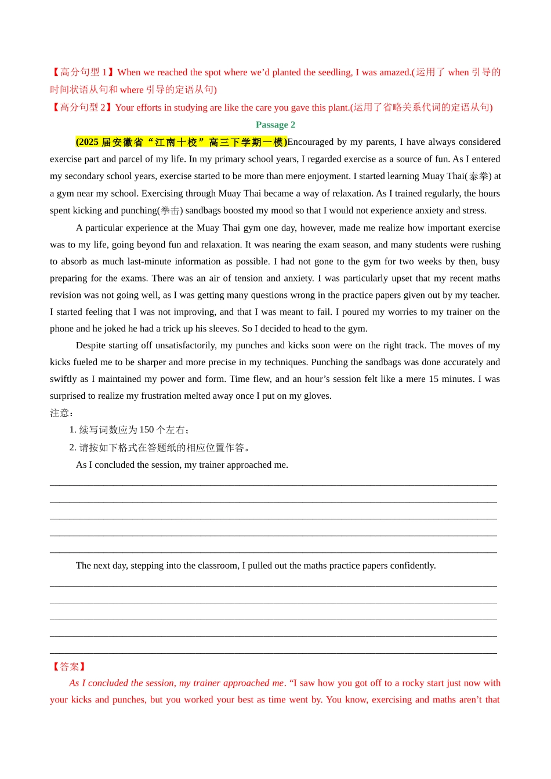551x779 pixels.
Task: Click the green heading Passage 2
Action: coord(275,125)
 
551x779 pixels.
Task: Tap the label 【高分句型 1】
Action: coord(82,72)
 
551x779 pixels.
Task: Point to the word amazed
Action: coord(394,72)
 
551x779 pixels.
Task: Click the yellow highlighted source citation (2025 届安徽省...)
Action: coord(181,142)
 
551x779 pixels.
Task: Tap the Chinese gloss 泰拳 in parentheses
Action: coord(479,176)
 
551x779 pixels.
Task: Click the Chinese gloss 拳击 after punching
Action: coord(171,210)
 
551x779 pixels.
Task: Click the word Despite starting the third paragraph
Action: coord(90,345)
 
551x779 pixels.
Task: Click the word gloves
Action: coord(318,396)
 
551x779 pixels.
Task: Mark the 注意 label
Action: coord(60,413)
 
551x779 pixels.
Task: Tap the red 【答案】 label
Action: coord(69,667)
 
